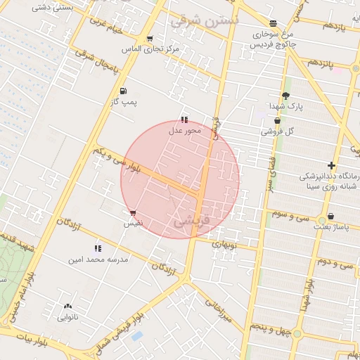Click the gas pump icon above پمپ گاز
[124, 91]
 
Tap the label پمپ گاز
[124, 103]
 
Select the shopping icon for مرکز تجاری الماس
[150, 39]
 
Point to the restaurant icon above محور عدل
[184, 120]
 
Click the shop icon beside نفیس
[133, 212]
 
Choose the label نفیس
[133, 223]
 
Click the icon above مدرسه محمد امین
[98, 248]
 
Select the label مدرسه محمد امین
[98, 259]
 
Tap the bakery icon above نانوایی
[67, 307]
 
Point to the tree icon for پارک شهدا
[285, 96]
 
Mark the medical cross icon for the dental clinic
[331, 166]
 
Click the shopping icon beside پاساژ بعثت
[330, 217]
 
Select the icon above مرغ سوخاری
[273, 23]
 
